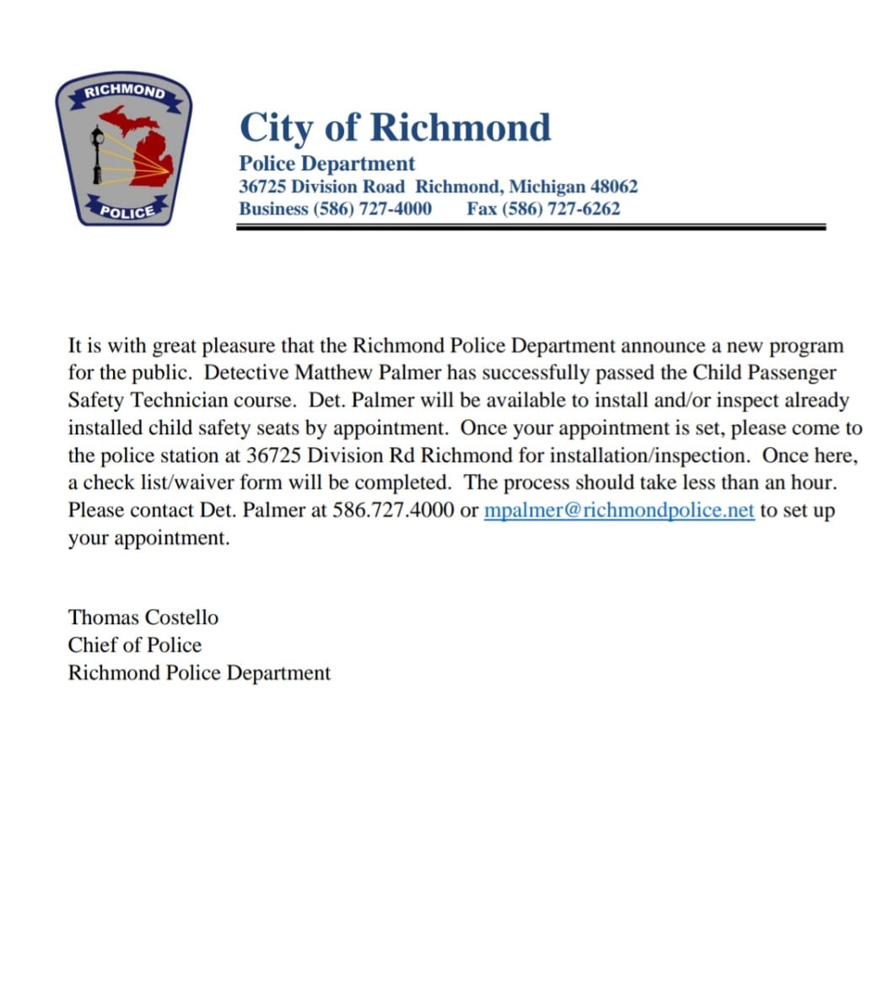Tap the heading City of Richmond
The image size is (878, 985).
click(395, 128)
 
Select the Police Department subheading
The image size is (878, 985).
click(326, 164)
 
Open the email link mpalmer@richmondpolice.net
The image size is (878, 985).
click(618, 510)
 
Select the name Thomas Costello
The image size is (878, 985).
click(143, 617)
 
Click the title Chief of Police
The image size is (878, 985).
click(135, 645)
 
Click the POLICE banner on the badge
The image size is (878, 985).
click(127, 211)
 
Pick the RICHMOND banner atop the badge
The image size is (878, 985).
click(124, 91)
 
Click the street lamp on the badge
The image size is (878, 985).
click(98, 156)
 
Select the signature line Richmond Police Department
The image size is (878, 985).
click(199, 673)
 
